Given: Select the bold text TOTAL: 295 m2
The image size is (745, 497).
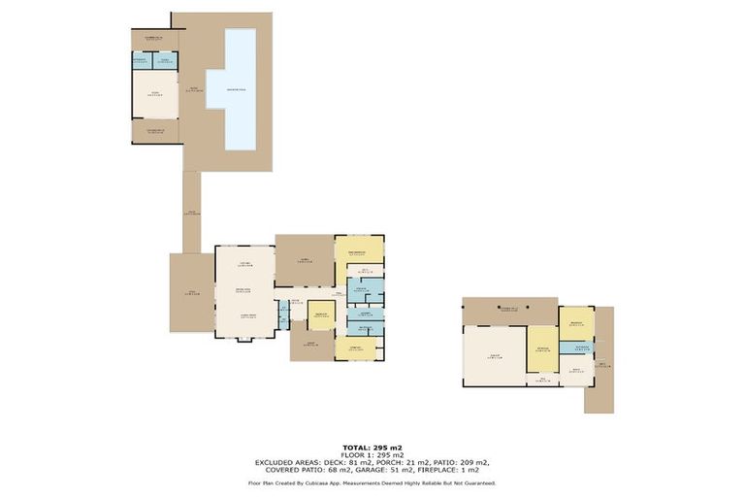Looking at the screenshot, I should pos(372,447).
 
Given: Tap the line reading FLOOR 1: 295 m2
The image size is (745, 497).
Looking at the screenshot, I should pos(372,454).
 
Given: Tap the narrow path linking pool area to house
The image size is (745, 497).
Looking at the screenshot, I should pos(191,213).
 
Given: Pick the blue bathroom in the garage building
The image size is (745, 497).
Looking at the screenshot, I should pos(580,348).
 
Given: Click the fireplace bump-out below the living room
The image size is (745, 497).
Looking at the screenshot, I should pos(243,341).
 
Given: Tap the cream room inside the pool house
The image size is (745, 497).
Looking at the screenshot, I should pos(155,94).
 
